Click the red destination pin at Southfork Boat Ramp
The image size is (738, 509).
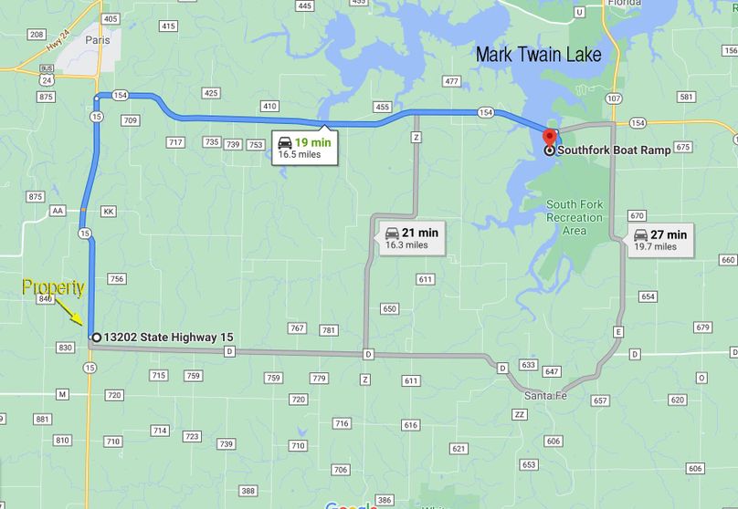pos(548,138)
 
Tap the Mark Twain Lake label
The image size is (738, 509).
pos(538,55)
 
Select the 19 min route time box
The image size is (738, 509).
pos(306,148)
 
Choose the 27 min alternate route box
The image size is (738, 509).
pos(659,240)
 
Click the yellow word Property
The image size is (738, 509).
pos(54,288)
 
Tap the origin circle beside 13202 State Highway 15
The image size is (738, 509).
pos(96,337)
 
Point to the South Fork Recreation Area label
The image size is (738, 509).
pos(575,217)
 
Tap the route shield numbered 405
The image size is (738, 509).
pos(111,18)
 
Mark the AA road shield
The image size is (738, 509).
pos(58,211)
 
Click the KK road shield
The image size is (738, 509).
pos(109,211)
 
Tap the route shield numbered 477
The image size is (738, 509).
pos(451,81)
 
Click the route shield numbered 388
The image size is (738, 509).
pos(248,491)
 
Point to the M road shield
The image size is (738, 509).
pos(61,394)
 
